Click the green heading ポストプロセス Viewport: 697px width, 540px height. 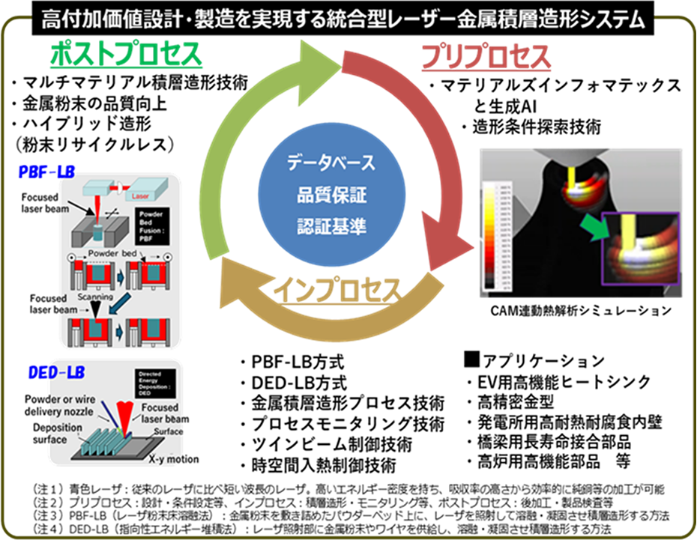(126, 55)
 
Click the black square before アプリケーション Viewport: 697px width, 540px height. (471, 360)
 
